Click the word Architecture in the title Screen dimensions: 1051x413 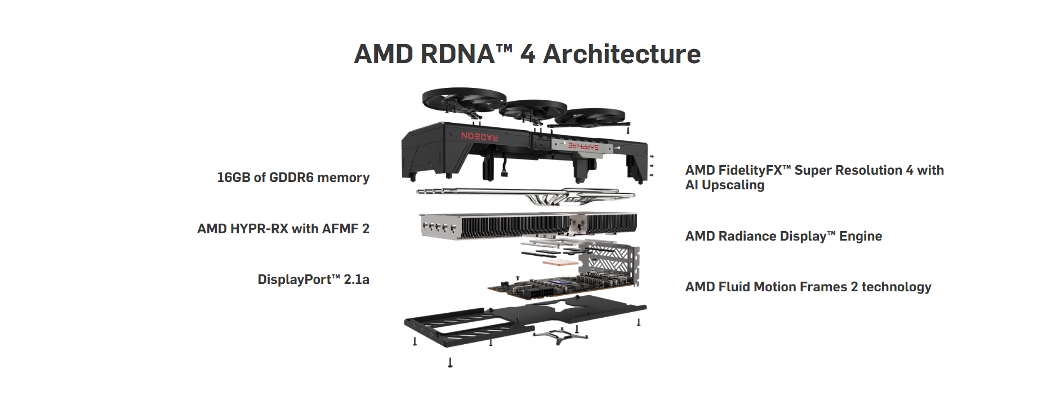pyautogui.click(x=622, y=54)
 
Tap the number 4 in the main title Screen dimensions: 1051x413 pyautogui.click(x=528, y=54)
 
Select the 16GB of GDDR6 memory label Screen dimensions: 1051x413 pyautogui.click(x=293, y=177)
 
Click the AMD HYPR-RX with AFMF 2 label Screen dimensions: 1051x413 pyautogui.click(x=283, y=229)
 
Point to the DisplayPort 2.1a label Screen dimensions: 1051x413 pyautogui.click(x=314, y=279)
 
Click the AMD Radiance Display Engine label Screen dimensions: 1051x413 pyautogui.click(x=783, y=236)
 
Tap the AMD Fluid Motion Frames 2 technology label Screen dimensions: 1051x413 pyautogui.click(x=808, y=287)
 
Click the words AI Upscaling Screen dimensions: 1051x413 pyautogui.click(x=725, y=185)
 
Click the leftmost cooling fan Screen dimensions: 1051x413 pyautogui.click(x=464, y=100)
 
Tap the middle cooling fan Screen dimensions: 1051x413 pyautogui.click(x=533, y=109)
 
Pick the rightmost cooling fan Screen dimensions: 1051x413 pyautogui.click(x=590, y=117)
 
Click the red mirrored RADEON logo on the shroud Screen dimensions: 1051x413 pyautogui.click(x=479, y=136)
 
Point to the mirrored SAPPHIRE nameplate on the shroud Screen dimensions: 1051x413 pyautogui.click(x=583, y=146)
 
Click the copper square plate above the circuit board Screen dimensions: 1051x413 pyautogui.click(x=560, y=263)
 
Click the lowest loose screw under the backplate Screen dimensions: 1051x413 pyautogui.click(x=450, y=362)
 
